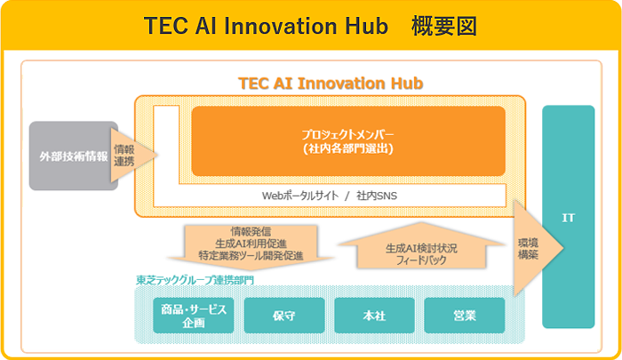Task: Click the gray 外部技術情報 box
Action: pos(74,156)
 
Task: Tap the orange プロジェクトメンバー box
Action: pos(348,141)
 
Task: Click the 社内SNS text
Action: pos(377,196)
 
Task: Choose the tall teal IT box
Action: pos(568,217)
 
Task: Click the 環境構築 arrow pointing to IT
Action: pos(538,248)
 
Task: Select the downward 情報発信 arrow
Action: pos(251,247)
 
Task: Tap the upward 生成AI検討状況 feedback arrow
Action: pos(421,245)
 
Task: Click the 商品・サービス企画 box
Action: pos(194,316)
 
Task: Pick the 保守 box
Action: pos(284,316)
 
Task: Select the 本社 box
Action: pos(374,316)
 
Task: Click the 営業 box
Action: pos(465,316)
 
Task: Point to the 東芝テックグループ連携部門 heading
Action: pos(195,280)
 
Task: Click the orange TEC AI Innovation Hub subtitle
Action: pos(331,84)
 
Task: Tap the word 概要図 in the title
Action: pos(444,26)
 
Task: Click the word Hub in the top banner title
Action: pos(366,26)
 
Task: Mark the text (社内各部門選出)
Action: pos(348,148)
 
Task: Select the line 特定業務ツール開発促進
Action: pos(251,256)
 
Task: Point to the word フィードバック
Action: pos(421,260)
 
